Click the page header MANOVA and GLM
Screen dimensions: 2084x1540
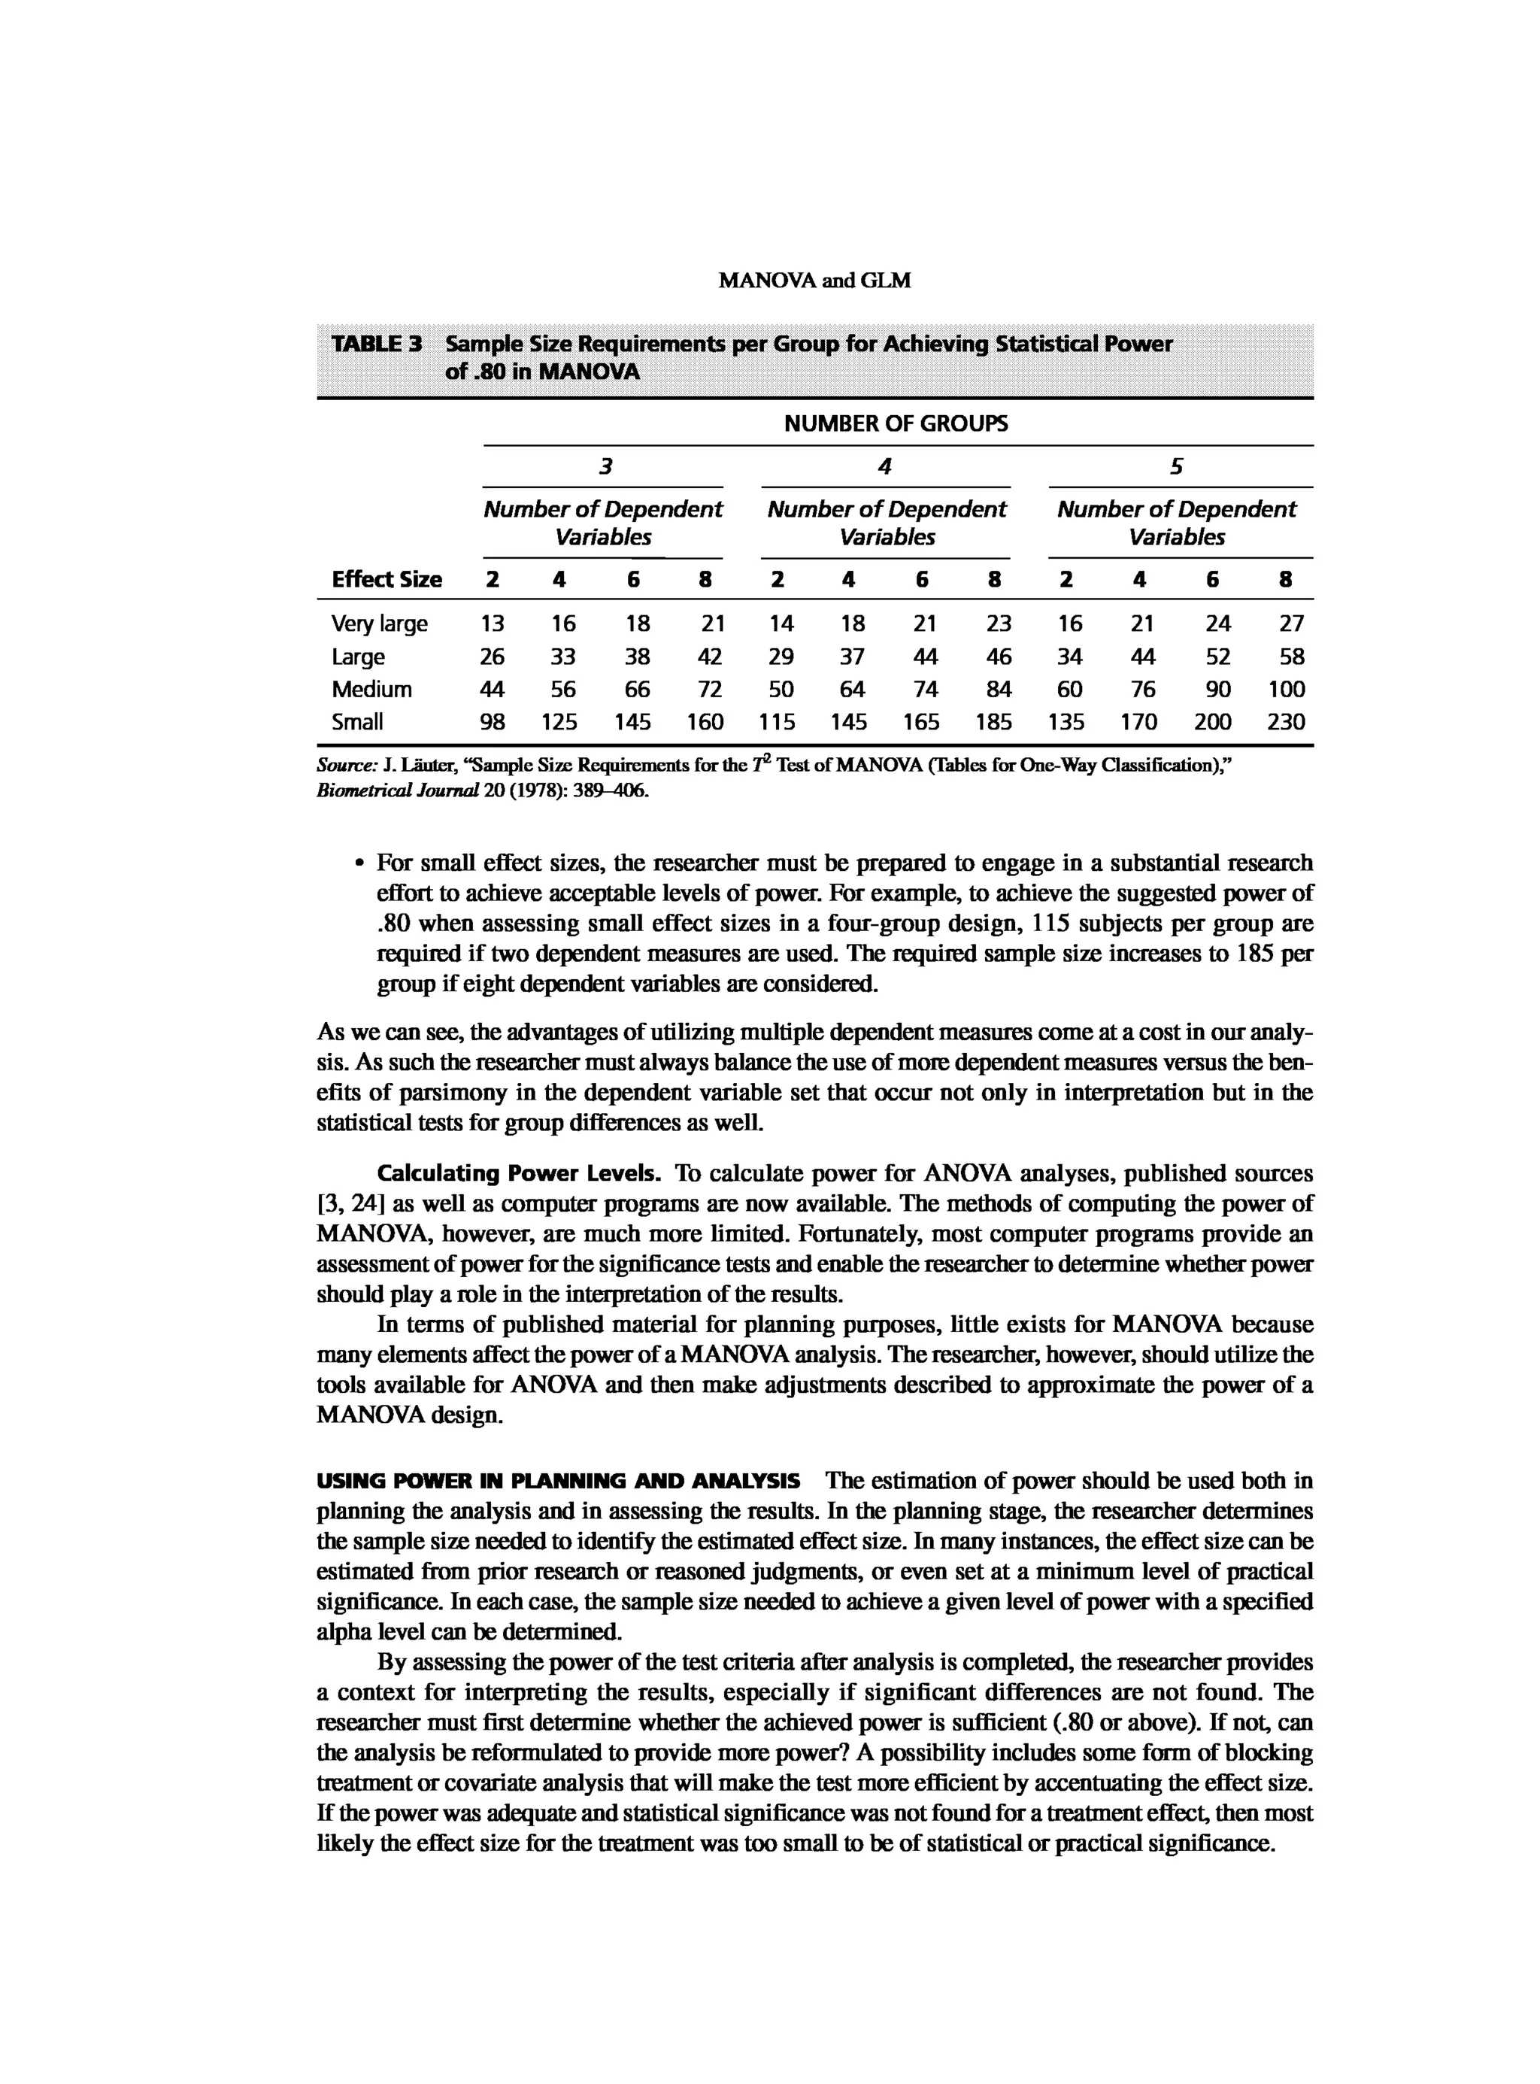pyautogui.click(x=815, y=281)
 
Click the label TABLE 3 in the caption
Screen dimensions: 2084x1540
pyautogui.click(x=377, y=344)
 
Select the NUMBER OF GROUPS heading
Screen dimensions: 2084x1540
pyautogui.click(x=896, y=424)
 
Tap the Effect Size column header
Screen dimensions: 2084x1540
pyautogui.click(x=386, y=579)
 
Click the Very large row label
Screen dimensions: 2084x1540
pyautogui.click(x=380, y=623)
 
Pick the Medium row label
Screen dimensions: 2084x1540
pyautogui.click(x=371, y=689)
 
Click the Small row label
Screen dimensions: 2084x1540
pyautogui.click(x=357, y=722)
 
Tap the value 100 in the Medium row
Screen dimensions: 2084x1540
pyautogui.click(x=1286, y=689)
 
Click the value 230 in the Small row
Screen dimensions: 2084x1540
pyautogui.click(x=1286, y=722)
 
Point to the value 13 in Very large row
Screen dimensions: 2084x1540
pyautogui.click(x=493, y=623)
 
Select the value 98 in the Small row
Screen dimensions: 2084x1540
pyautogui.click(x=493, y=722)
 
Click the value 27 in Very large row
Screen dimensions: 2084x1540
pyautogui.click(x=1291, y=623)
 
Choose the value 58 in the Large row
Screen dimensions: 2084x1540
pyautogui.click(x=1291, y=657)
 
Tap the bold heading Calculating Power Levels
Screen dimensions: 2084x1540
pyautogui.click(x=520, y=1173)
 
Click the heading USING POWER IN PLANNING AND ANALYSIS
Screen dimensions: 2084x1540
pyautogui.click(x=559, y=1481)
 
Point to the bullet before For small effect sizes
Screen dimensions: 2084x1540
pyautogui.click(x=359, y=864)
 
